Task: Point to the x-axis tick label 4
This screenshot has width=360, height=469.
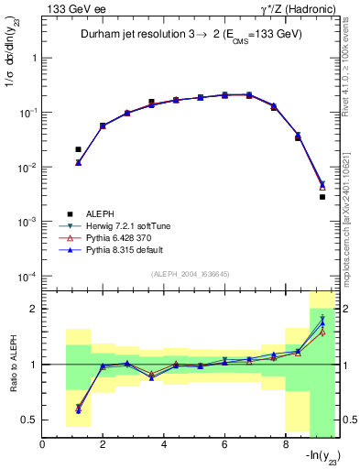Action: pos(164,446)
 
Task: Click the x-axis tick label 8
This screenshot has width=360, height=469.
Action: pos(286,446)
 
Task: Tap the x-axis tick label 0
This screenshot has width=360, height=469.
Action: pos(43,446)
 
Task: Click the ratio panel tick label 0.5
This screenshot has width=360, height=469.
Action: pos(29,420)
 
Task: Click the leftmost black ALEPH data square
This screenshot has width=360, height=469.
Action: pos(78,149)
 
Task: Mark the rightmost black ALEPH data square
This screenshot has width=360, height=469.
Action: pos(322,197)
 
